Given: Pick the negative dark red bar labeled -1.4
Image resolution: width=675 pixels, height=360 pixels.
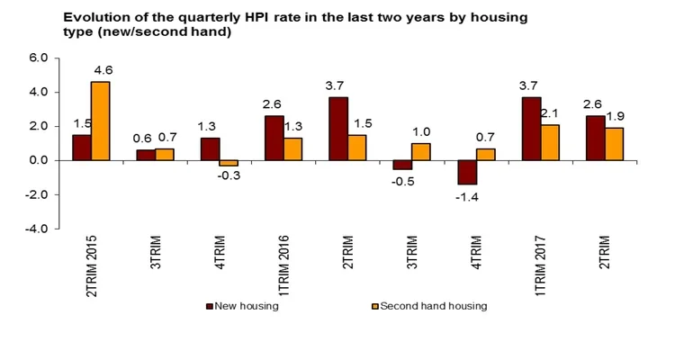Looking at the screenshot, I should click(x=467, y=172).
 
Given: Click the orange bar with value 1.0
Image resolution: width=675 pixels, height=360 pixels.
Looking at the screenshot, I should click(x=421, y=151).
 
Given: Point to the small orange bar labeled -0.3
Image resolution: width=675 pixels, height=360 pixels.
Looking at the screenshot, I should click(x=229, y=163).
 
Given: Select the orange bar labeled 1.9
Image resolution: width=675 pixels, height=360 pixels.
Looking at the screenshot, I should click(x=614, y=144).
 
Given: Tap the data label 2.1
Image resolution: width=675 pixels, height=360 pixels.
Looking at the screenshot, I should click(x=550, y=113).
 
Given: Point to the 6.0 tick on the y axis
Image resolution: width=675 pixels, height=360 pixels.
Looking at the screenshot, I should click(x=36, y=58).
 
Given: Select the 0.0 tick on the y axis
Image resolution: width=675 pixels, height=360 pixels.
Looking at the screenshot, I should click(x=36, y=160).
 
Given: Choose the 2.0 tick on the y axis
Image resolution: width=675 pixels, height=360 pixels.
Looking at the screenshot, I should click(x=36, y=126).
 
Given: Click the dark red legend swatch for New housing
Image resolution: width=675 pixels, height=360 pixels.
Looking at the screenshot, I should click(x=208, y=306).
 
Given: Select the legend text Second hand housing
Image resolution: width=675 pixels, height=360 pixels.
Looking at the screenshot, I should click(x=433, y=306).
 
